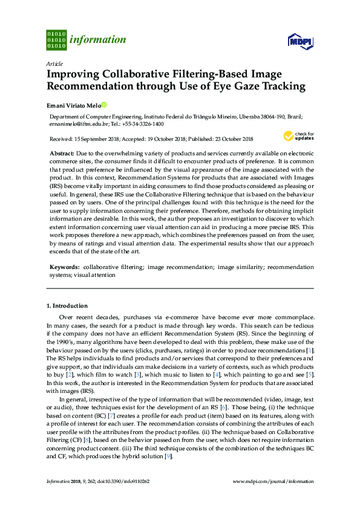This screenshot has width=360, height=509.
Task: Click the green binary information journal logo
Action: [x=56, y=40]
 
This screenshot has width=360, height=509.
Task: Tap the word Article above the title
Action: [x=54, y=63]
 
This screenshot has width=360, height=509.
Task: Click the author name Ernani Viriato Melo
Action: [x=74, y=105]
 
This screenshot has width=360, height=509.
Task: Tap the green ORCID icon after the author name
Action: [x=103, y=105]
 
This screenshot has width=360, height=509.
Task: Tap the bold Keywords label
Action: [x=64, y=267]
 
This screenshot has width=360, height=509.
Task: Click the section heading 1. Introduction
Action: [x=67, y=306]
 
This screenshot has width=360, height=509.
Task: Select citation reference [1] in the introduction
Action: [x=310, y=350]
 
